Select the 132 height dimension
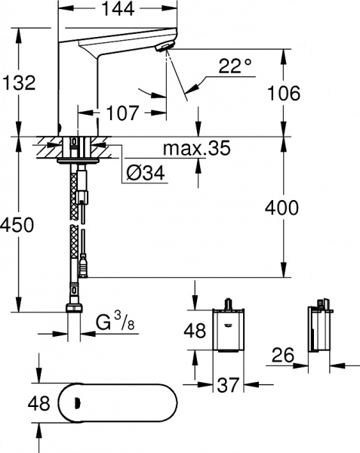pos(19,83)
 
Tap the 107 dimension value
pos(122,114)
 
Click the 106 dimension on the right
pos(285,93)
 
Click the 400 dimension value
pos(285,207)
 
